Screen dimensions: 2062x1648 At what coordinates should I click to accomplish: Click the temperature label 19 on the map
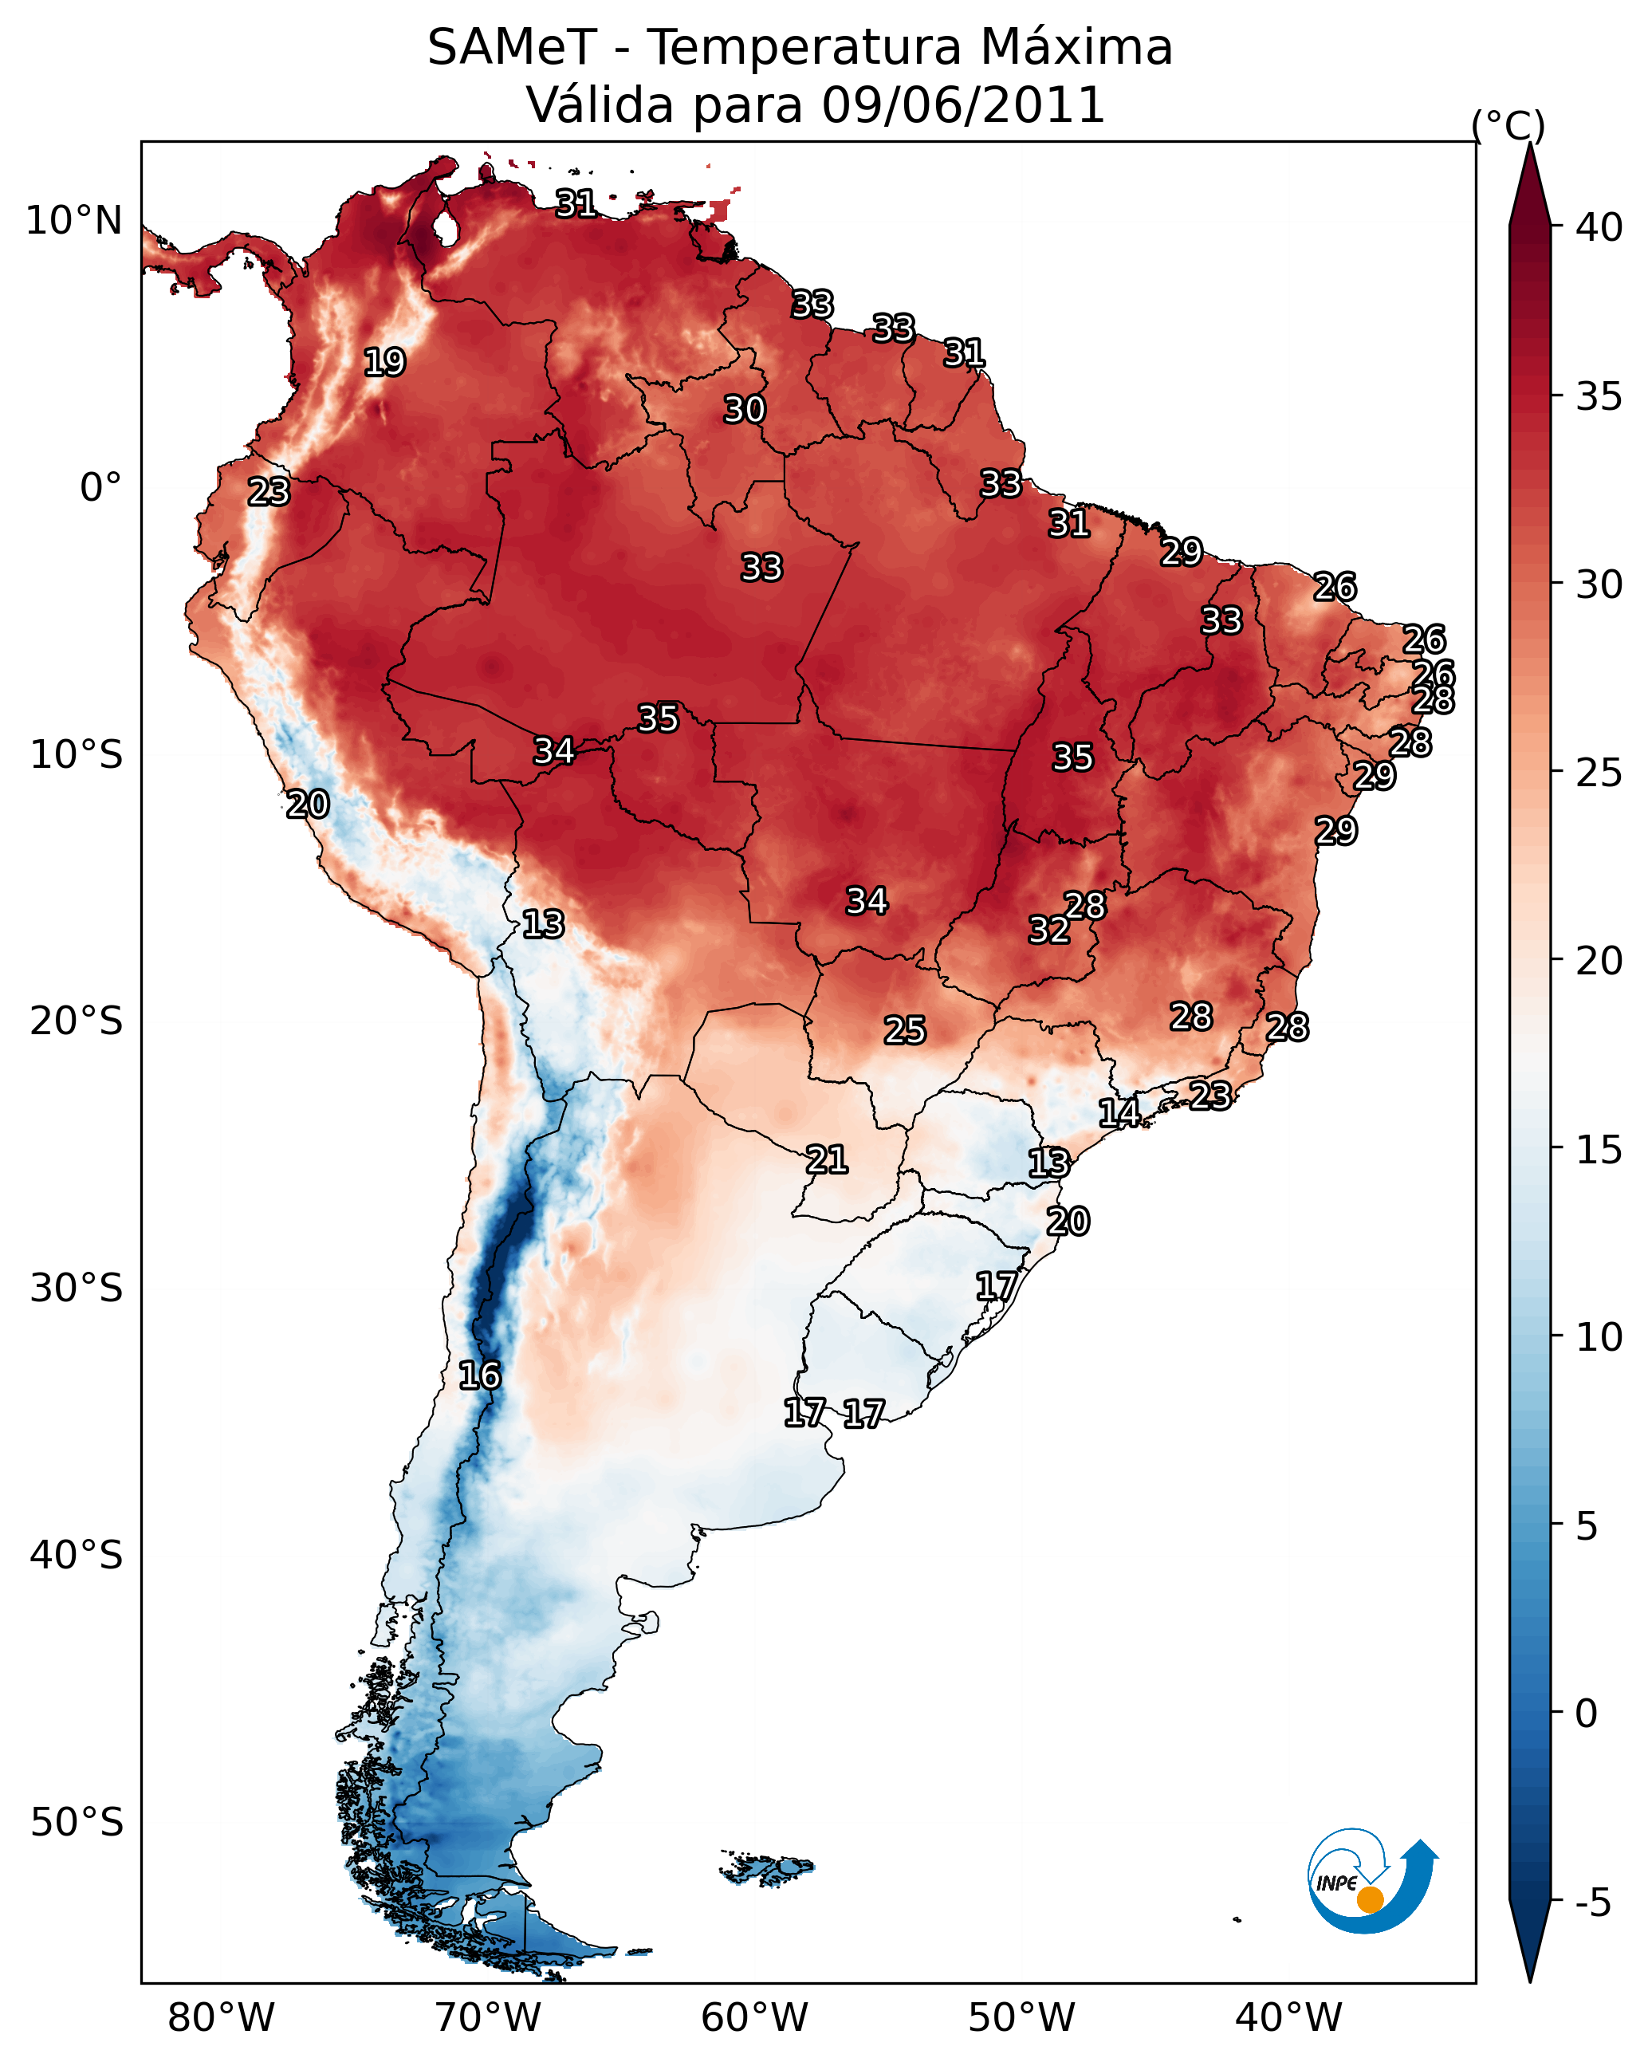coord(384,363)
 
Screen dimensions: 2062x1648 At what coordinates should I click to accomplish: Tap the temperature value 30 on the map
coord(744,409)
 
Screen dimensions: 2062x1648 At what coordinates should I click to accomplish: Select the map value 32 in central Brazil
coord(1048,930)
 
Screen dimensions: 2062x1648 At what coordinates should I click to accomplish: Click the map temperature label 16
coord(479,1375)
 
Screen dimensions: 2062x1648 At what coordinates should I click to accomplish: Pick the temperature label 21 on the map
coord(826,1160)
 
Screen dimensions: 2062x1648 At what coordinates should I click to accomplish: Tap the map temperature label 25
coord(904,1030)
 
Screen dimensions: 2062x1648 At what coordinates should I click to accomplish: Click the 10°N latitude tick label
coord(73,221)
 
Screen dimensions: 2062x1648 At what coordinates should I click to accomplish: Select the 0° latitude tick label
coord(100,488)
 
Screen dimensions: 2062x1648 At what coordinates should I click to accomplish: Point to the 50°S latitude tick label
coord(77,1823)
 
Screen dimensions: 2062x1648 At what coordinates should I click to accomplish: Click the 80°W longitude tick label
coord(221,2017)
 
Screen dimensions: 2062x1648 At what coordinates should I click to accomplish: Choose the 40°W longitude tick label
coord(1288,2017)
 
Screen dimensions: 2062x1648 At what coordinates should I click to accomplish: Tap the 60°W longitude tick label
coord(755,2017)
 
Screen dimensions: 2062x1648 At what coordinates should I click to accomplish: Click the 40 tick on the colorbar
coord(1599,227)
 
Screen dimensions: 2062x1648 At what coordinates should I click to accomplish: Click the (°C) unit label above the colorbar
coord(1508,126)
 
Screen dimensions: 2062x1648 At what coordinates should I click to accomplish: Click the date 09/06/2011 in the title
coord(963,104)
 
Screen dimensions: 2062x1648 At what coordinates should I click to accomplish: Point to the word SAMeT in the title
coord(512,48)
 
